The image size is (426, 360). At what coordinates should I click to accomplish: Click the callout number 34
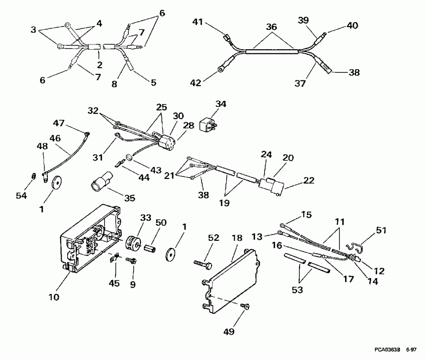pyautogui.click(x=221, y=103)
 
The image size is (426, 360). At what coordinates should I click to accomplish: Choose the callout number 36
pyautogui.click(x=271, y=27)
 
